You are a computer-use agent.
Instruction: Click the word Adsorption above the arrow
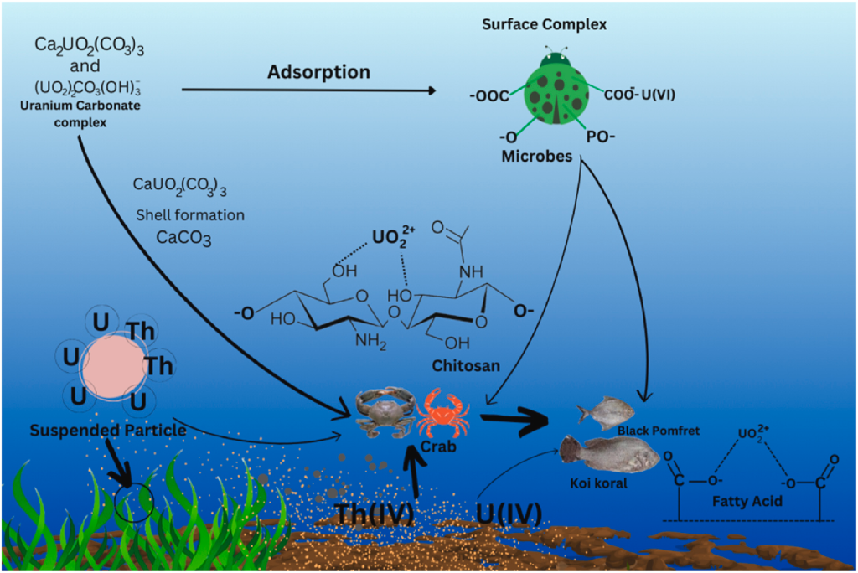pyautogui.click(x=318, y=72)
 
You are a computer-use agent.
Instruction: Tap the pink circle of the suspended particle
pyautogui.click(x=112, y=367)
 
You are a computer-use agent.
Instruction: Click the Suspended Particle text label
pyautogui.click(x=107, y=431)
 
